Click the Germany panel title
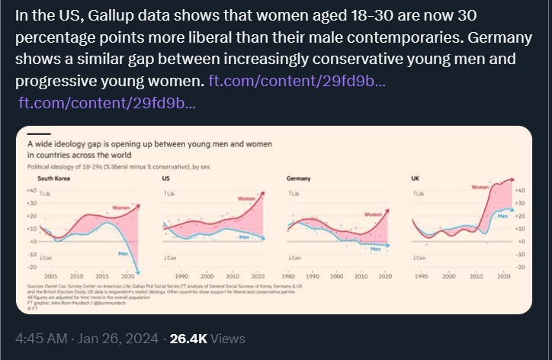297,178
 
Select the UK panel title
415,178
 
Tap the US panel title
166,178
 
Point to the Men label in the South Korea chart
122,252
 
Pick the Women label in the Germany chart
372,215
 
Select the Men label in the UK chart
502,216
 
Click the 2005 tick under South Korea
51,275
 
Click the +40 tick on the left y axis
32,191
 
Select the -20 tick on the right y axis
521,267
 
